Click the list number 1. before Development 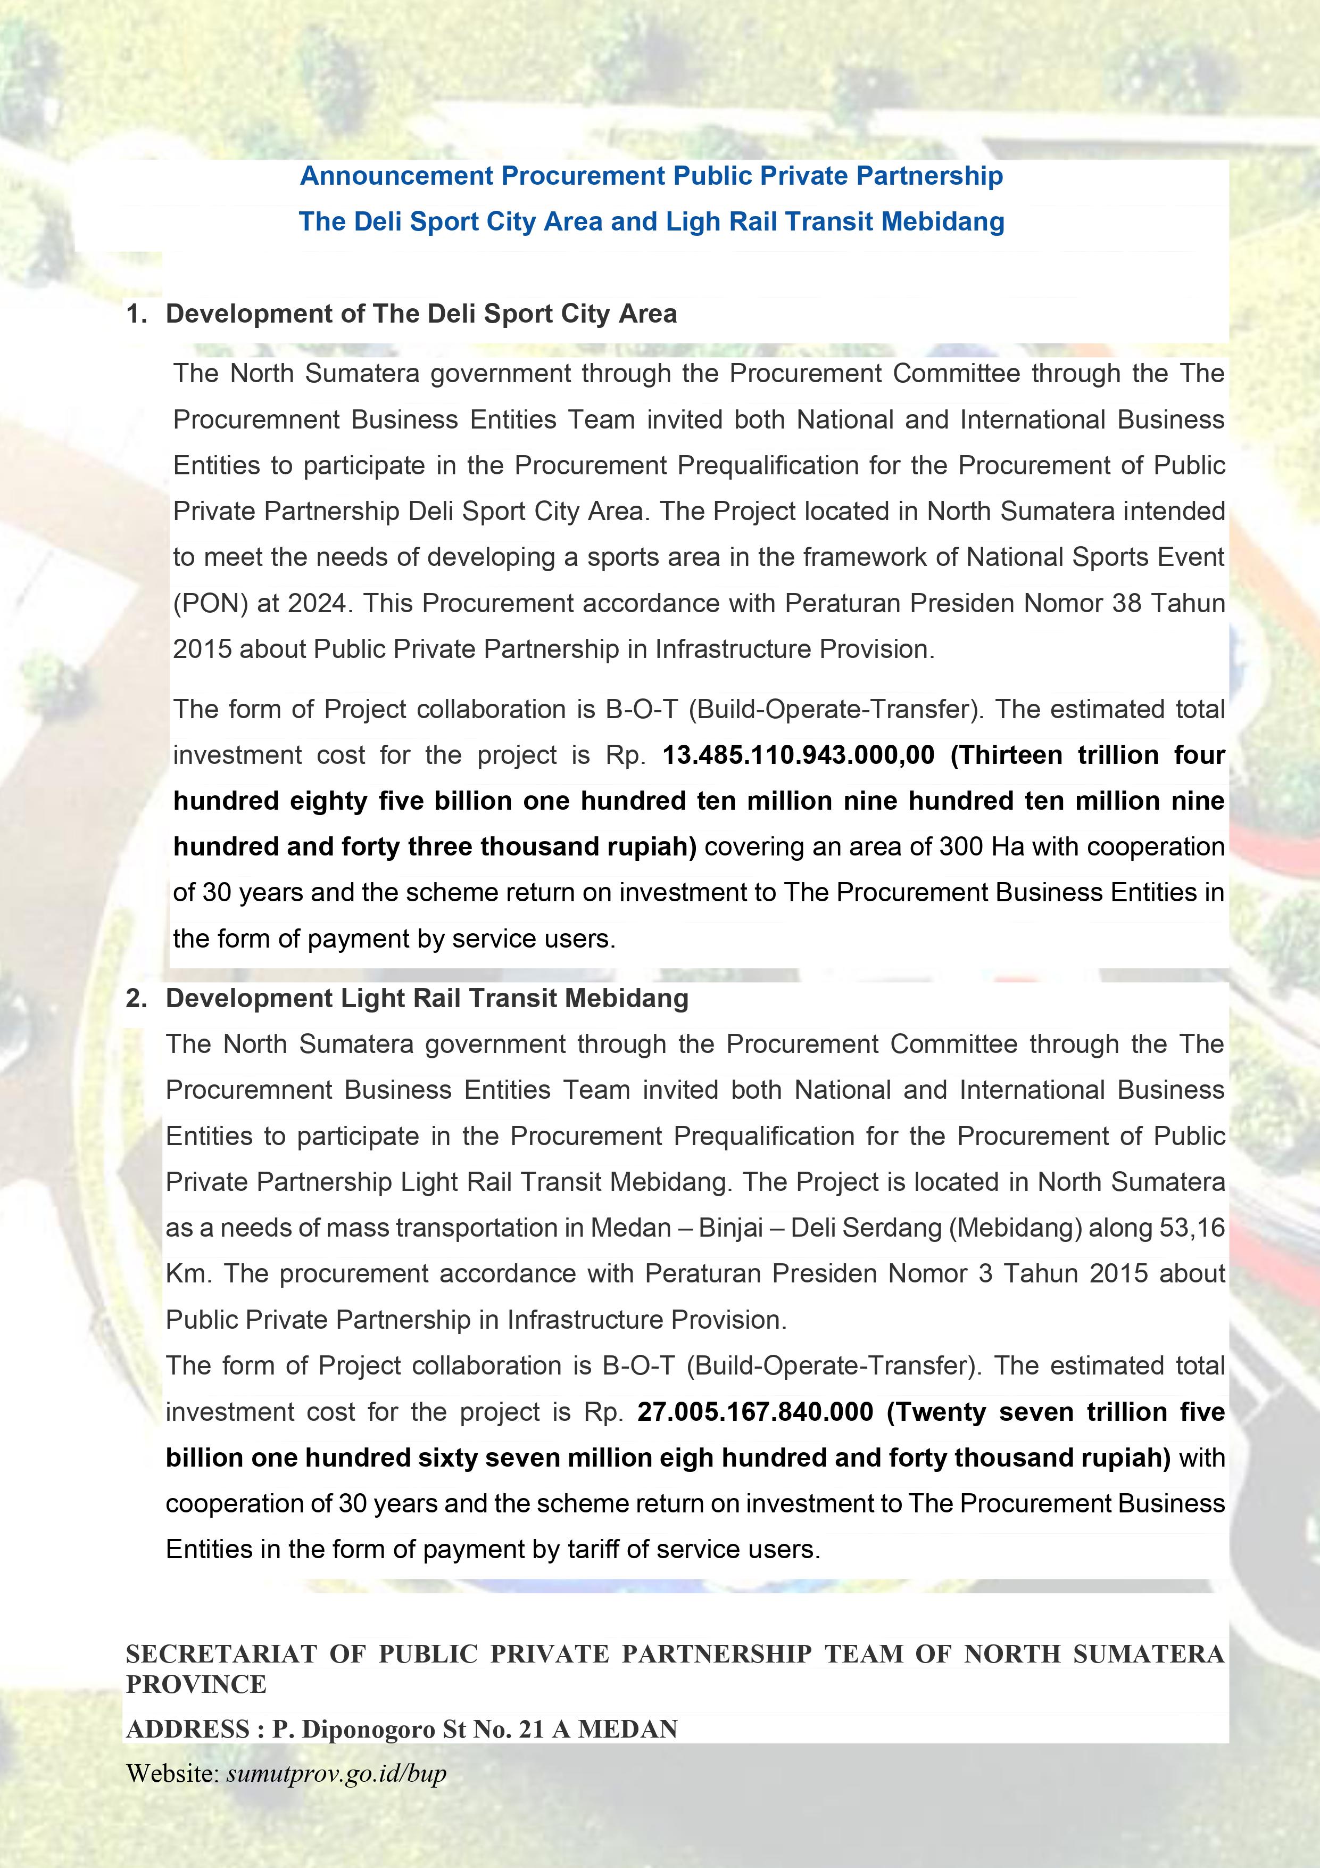[137, 314]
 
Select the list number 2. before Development [137, 998]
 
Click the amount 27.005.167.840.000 [755, 1412]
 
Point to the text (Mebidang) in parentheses [1015, 1228]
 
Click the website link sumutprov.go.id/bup [336, 1774]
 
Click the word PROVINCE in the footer [196, 1684]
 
